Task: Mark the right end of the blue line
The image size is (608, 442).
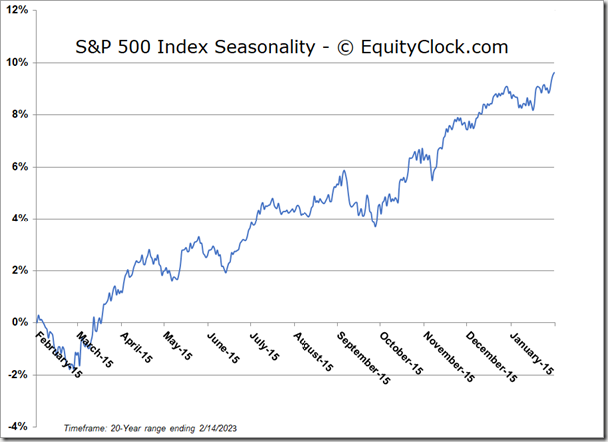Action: pyautogui.click(x=555, y=72)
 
